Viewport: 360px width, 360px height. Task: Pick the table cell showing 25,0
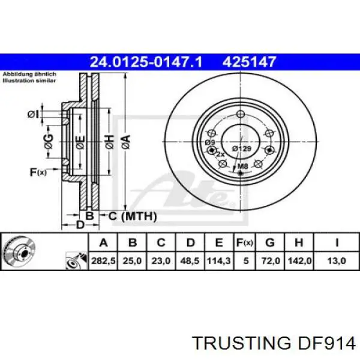pos(133,262)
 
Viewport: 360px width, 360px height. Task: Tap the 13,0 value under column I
pos(337,262)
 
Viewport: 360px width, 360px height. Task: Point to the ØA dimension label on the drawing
pos(125,142)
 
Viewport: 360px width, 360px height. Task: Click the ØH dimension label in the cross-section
pos(109,142)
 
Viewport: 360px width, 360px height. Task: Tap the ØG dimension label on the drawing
pos(49,142)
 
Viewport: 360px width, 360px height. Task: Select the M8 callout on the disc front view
pos(243,166)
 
